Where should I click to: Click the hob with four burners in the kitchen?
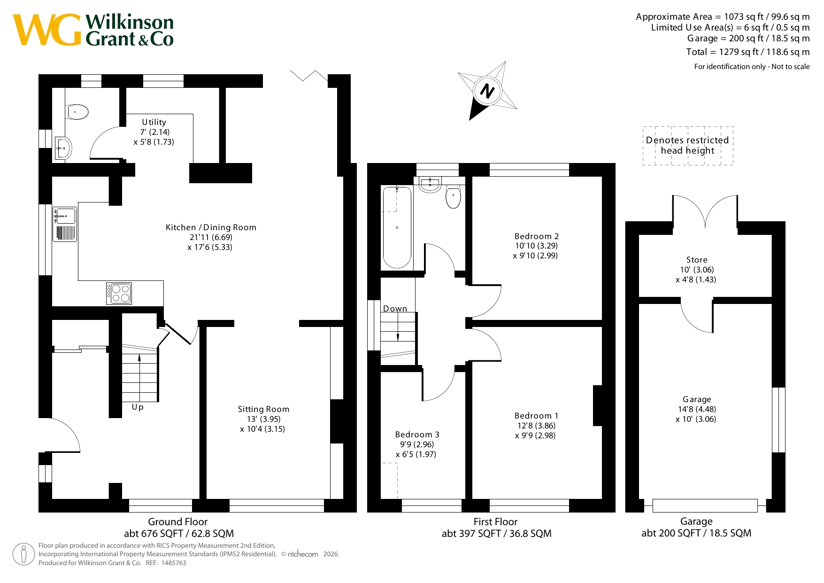[x=119, y=294]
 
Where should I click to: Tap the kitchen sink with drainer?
[x=65, y=224]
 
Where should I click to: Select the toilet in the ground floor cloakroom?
[x=77, y=112]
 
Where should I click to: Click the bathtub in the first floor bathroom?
[x=397, y=227]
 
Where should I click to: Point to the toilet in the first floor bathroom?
[x=453, y=197]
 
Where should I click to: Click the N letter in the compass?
[x=487, y=90]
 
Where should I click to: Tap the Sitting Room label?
[x=263, y=409]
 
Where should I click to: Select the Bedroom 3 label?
[x=417, y=435]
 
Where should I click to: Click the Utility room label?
[x=154, y=122]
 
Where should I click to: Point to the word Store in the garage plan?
[x=697, y=260]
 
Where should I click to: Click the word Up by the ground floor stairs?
[x=138, y=407]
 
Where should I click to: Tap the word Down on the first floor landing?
[x=395, y=309]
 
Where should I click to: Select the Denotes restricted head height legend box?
[x=688, y=146]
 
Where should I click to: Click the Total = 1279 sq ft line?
[x=748, y=52]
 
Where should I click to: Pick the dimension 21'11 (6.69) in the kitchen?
[x=211, y=237]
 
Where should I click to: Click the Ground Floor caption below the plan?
[x=177, y=522]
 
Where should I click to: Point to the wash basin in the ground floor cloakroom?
[x=63, y=148]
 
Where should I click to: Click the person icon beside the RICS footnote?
[x=23, y=554]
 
